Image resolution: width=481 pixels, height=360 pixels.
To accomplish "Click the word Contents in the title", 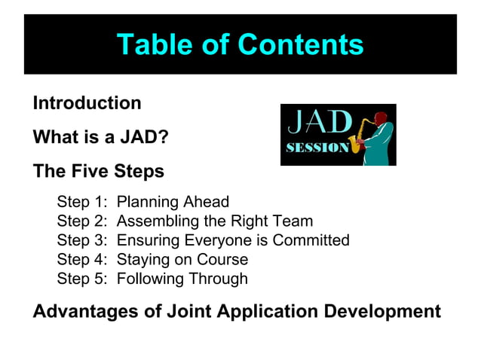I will tap(301, 44).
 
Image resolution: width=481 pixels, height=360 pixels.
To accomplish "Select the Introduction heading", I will tap(87, 103).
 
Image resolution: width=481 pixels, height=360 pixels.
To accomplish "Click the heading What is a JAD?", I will tap(100, 139).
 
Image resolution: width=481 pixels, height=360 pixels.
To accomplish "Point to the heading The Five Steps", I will tap(98, 172).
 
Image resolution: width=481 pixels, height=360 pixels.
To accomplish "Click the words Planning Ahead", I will tap(173, 202).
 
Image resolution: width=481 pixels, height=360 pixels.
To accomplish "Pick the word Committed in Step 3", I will tap(311, 240).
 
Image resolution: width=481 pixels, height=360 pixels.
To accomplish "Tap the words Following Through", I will tap(182, 279).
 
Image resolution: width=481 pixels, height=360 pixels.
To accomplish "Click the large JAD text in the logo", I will tap(320, 122).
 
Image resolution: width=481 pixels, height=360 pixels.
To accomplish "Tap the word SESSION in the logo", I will tap(317, 148).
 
